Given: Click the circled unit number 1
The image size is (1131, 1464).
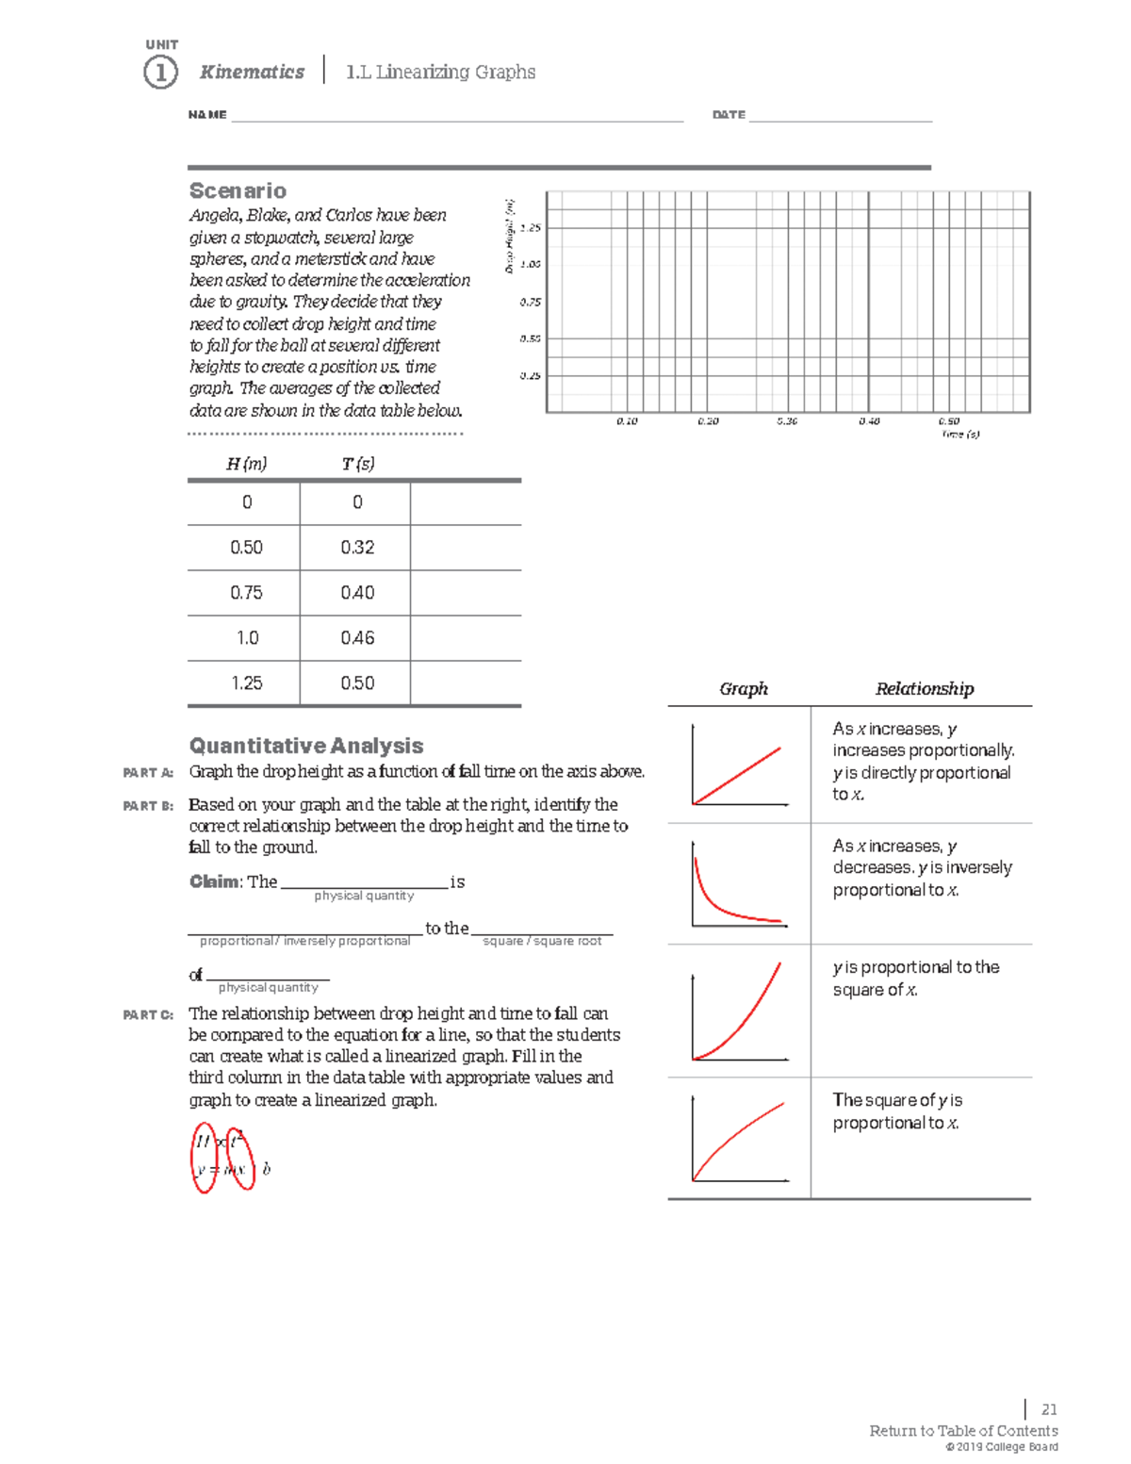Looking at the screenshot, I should coord(160,73).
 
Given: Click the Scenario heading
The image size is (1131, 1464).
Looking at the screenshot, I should coord(238,190).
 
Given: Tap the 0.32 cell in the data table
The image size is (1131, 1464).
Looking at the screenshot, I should coord(357,548).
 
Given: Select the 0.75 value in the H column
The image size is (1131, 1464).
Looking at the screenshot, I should coord(247,593).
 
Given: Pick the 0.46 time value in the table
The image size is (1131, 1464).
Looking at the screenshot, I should coord(357,638).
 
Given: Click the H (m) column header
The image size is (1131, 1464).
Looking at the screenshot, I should coord(247,464).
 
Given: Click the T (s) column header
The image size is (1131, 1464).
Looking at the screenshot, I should coord(357,464).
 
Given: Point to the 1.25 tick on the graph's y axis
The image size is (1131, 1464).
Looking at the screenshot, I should coord(531,228).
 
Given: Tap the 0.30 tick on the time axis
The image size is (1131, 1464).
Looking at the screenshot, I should coord(787,421).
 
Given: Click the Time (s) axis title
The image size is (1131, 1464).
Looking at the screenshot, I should coord(960,435).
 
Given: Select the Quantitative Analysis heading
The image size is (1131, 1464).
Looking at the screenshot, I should coord(306,746).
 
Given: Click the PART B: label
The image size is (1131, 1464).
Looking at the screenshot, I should coord(148,806).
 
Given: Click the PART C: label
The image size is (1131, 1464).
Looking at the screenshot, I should coord(148,1015).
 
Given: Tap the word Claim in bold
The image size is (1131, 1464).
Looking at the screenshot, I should coord(215,882).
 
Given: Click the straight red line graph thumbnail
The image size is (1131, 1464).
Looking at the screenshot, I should coord(739,765).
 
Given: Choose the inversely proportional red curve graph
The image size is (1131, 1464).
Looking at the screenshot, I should coord(739,884).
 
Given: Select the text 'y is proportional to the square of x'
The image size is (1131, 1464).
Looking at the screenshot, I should coord(915,979).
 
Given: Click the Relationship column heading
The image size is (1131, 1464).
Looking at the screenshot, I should coord(924,689).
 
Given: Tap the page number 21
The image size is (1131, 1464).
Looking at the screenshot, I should coord(1049,1410).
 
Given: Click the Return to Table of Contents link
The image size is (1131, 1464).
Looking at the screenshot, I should coord(963,1431).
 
